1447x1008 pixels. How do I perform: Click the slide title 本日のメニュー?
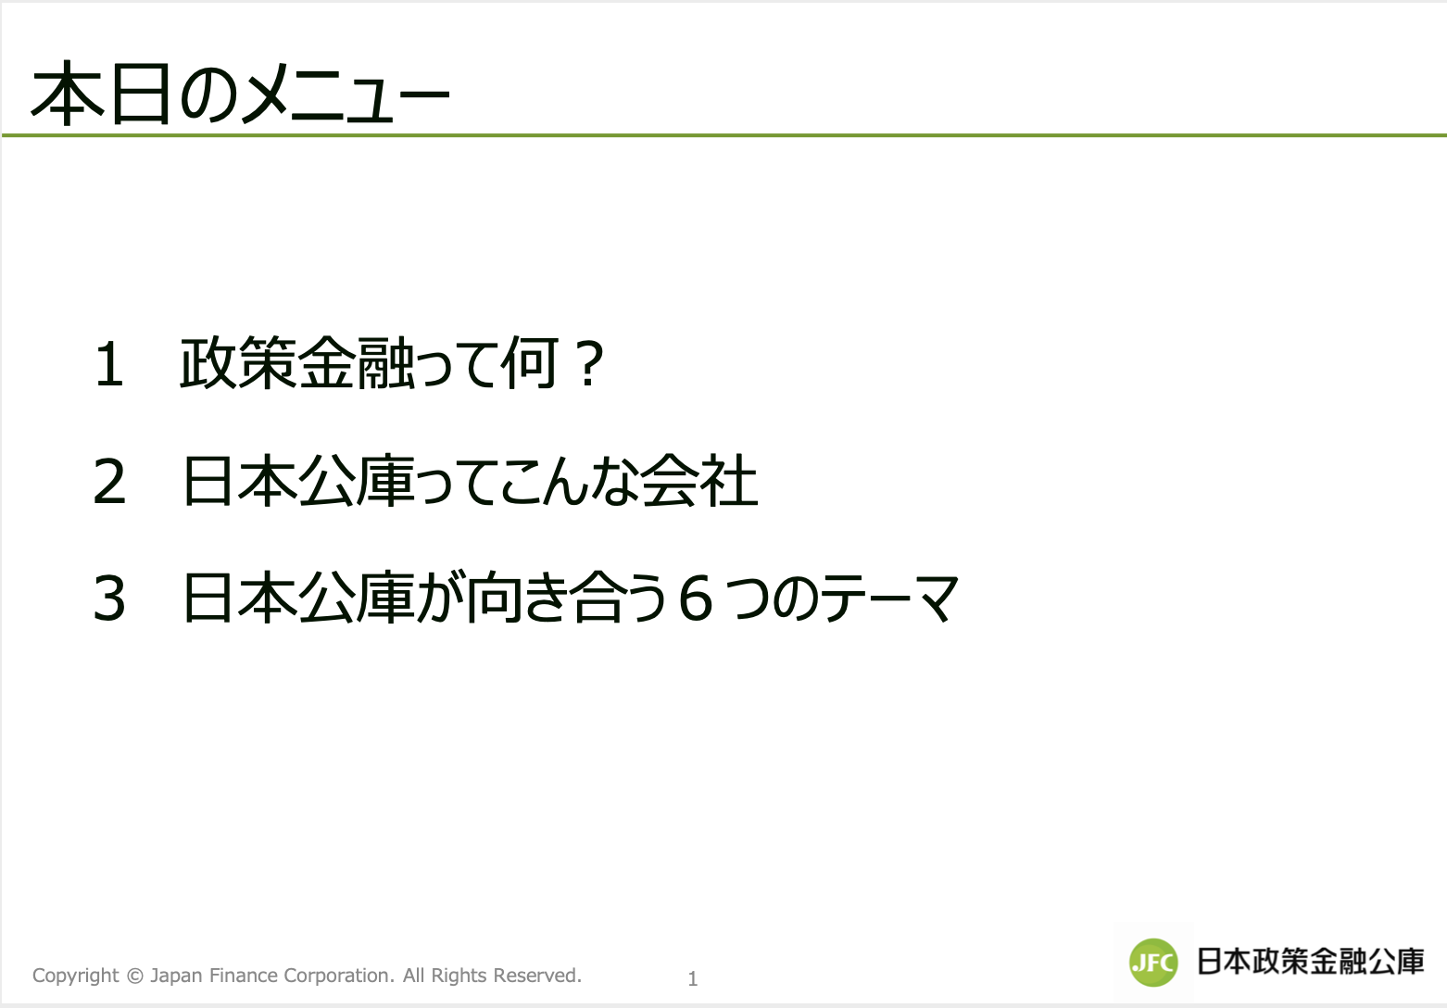pos(240,94)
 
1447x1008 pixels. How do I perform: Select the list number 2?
pos(109,482)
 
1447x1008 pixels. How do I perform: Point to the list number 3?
pos(109,599)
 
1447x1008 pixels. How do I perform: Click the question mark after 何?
pos(588,364)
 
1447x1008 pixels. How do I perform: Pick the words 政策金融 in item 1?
pos(296,363)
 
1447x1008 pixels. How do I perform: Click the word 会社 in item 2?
pos(698,481)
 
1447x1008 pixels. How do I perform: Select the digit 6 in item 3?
pos(696,599)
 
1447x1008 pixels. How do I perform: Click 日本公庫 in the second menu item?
pos(297,481)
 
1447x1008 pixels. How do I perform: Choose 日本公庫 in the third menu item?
pos(297,598)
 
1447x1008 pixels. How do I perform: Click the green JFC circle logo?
pos(1153,962)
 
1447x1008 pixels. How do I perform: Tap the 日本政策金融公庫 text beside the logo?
pos(1310,962)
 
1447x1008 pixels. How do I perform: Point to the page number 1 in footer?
pos(693,979)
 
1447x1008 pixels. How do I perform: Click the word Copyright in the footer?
pos(76,976)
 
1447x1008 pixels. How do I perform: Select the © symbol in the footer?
pos(135,976)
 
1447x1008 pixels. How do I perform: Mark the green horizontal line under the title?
pos(724,135)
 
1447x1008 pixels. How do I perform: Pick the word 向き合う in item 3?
pos(567,598)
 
